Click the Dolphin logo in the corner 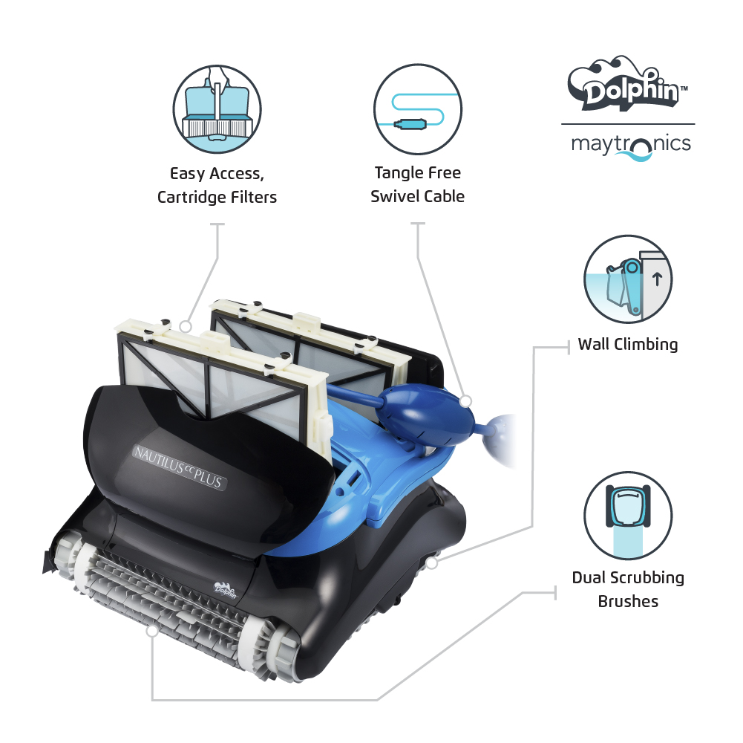click(x=627, y=84)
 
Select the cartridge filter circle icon click(x=217, y=109)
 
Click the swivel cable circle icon click(x=417, y=109)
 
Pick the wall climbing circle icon click(x=628, y=279)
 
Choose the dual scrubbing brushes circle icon click(x=628, y=516)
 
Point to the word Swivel click(x=391, y=196)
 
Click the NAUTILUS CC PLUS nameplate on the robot click(x=179, y=468)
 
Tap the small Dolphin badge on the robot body click(x=225, y=590)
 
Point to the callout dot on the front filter click(x=186, y=326)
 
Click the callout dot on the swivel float click(x=466, y=401)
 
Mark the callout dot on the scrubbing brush click(x=152, y=631)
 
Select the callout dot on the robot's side click(x=431, y=563)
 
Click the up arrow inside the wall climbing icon click(x=657, y=279)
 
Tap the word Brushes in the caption click(x=628, y=601)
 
